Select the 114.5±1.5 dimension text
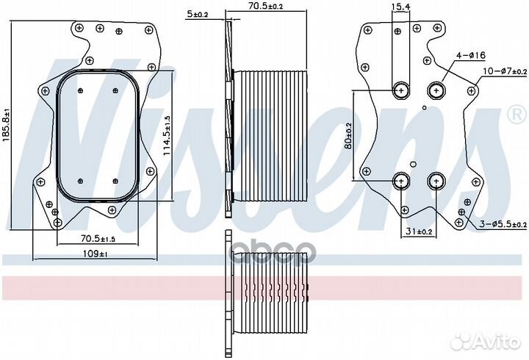(x=167, y=136)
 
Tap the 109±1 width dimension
(x=95, y=253)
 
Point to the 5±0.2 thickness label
(x=197, y=14)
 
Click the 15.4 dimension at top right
(x=401, y=6)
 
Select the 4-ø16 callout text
(x=471, y=55)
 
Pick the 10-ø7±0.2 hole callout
(x=505, y=71)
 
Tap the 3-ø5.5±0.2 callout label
(x=503, y=224)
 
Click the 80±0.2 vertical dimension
(x=348, y=136)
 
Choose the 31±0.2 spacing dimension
(x=419, y=231)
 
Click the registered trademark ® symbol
(x=517, y=115)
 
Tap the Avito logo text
(x=497, y=343)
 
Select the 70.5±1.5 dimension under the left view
(x=98, y=239)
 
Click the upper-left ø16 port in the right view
(x=401, y=90)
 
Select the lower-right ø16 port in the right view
(x=436, y=181)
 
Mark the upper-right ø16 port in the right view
(x=436, y=90)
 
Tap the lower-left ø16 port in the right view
(x=401, y=181)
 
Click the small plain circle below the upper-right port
(x=425, y=107)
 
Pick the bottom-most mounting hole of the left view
(x=58, y=223)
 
